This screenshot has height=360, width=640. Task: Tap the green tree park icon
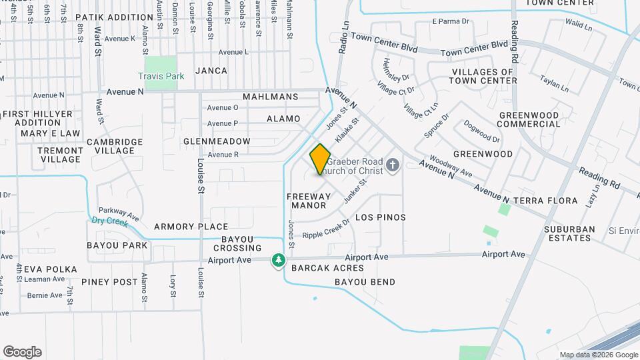(x=278, y=261)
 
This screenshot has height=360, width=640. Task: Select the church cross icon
(x=393, y=165)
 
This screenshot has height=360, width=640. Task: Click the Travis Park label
(x=161, y=77)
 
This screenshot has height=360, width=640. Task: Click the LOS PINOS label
(x=381, y=218)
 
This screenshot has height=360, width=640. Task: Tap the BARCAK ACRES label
(x=327, y=269)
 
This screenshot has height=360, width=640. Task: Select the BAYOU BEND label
(x=365, y=282)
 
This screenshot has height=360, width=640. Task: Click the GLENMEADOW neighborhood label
(x=217, y=141)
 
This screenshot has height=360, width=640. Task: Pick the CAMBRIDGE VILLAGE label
(x=115, y=146)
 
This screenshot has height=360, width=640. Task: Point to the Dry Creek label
(x=109, y=221)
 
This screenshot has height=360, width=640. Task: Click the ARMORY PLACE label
(x=191, y=227)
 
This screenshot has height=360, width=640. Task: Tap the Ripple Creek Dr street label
(x=326, y=229)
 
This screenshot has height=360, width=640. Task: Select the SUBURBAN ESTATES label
(x=569, y=233)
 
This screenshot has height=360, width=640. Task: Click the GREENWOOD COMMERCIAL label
(x=529, y=119)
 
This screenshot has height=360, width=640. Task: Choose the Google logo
(x=22, y=352)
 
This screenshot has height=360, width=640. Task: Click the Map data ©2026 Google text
(x=599, y=355)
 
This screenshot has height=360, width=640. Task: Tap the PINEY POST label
(x=109, y=282)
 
